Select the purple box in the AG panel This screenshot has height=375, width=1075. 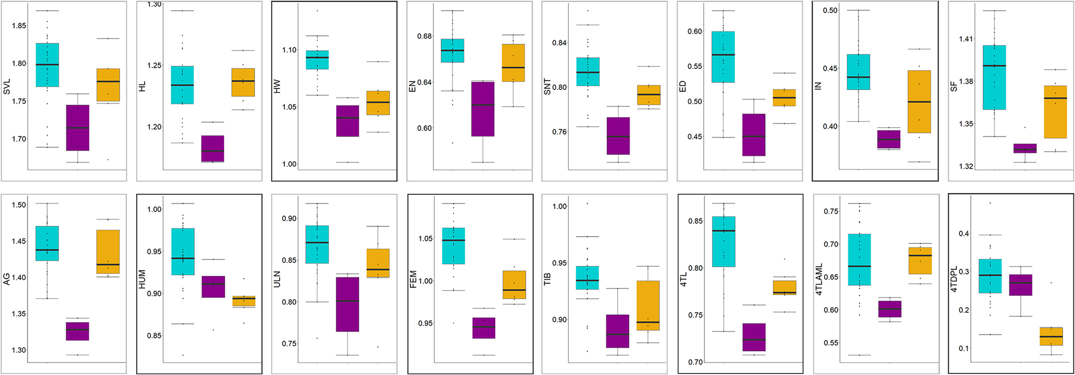[x=78, y=331]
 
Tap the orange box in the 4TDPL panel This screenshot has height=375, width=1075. [x=1051, y=336]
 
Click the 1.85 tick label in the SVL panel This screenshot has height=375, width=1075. [x=19, y=26]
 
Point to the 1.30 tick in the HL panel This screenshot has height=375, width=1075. [x=154, y=4]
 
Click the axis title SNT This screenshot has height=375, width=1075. [x=547, y=87]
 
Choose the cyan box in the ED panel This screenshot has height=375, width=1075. [x=723, y=57]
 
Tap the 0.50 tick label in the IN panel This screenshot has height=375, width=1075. [x=830, y=10]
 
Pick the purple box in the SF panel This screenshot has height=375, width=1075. [x=1025, y=148]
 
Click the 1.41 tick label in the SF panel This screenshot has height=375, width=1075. [x=966, y=39]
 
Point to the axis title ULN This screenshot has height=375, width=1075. [x=277, y=279]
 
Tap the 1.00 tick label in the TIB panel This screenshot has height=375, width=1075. [x=559, y=206]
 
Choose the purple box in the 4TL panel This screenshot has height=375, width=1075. [x=754, y=337]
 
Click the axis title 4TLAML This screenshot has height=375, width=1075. [x=819, y=279]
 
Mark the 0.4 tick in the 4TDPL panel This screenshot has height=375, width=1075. [x=964, y=234]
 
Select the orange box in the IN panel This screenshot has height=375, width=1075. [x=919, y=101]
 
